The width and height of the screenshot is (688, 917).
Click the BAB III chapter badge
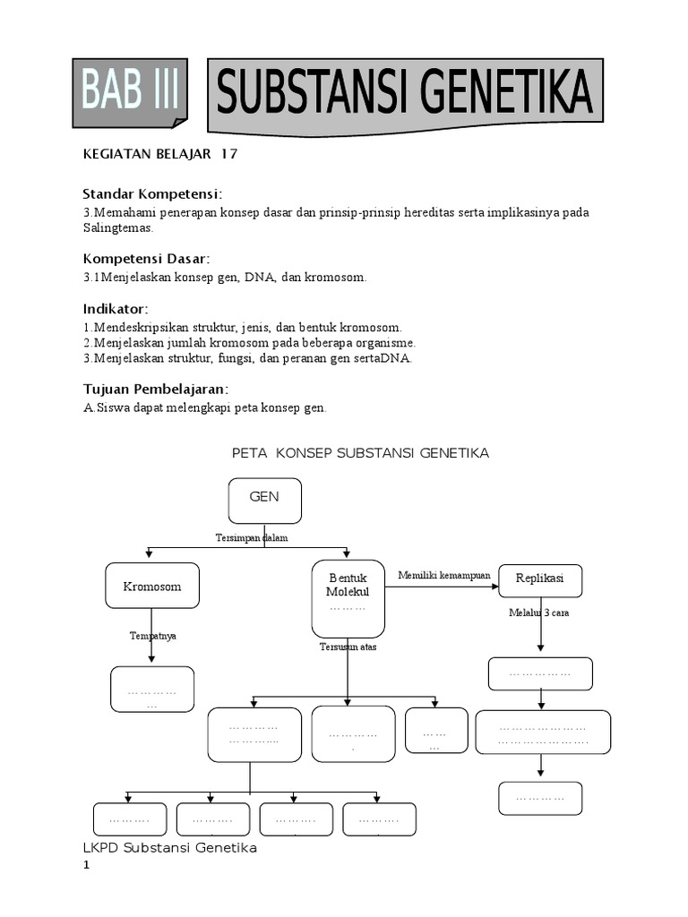(129, 92)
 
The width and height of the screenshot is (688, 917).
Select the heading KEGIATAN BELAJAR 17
(160, 154)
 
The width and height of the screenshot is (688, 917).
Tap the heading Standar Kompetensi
(152, 194)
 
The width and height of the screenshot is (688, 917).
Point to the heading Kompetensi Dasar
(146, 259)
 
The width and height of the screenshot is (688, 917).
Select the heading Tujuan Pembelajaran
(156, 389)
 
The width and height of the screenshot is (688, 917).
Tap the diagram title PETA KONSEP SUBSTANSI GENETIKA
(360, 453)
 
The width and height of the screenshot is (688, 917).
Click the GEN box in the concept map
(264, 500)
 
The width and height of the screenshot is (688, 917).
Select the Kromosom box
(152, 586)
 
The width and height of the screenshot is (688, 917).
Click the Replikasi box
(539, 579)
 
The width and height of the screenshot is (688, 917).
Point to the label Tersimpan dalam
(252, 537)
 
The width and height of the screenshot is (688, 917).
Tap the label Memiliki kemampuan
(444, 575)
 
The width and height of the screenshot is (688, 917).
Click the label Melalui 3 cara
(539, 613)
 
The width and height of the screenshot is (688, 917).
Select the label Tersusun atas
(348, 647)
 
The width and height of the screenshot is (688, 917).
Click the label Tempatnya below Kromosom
(152, 635)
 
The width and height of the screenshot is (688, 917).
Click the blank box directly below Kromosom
(152, 690)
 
